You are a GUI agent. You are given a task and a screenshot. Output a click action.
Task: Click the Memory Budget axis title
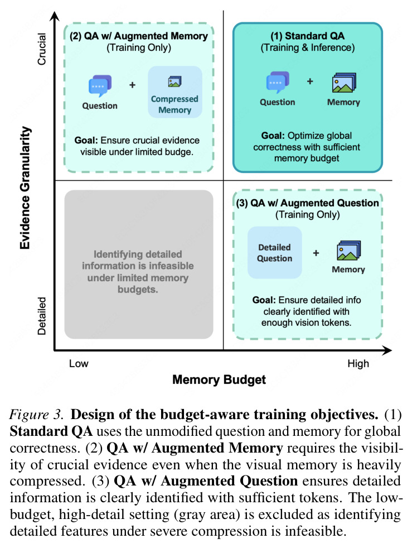tap(219, 380)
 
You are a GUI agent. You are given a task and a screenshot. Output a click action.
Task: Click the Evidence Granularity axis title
tap(25, 188)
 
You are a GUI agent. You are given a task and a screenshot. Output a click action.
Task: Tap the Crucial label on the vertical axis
tap(42, 49)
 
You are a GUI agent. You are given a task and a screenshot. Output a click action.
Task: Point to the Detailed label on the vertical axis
tap(42, 316)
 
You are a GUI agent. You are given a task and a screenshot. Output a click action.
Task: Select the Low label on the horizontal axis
tap(79, 363)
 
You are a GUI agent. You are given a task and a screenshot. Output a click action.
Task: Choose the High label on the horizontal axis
tap(358, 364)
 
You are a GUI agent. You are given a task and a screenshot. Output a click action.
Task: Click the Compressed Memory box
tap(175, 92)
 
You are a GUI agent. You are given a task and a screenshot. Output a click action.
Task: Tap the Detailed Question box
tap(274, 252)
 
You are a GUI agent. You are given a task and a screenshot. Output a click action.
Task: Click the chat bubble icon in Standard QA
tap(278, 83)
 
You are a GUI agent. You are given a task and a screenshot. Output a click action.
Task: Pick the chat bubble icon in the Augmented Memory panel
tap(100, 86)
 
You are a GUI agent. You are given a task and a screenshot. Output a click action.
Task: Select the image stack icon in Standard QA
tap(344, 83)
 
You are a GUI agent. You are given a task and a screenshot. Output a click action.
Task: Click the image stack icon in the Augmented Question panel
tap(349, 250)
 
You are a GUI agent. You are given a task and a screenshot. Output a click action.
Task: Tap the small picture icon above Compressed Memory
tap(175, 82)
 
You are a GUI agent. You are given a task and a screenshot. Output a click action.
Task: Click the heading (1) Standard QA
tap(308, 36)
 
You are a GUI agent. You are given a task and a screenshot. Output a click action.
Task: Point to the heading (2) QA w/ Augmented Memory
tap(139, 36)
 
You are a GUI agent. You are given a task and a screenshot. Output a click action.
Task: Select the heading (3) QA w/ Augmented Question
tap(308, 203)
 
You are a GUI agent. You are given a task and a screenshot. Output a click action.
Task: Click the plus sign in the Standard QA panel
tap(310, 81)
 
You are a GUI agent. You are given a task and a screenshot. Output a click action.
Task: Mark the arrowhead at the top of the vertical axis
tap(55, 16)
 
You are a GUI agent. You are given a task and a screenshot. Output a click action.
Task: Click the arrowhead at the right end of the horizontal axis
tap(387, 350)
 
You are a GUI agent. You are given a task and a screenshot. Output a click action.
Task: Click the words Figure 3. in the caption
tap(36, 415)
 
